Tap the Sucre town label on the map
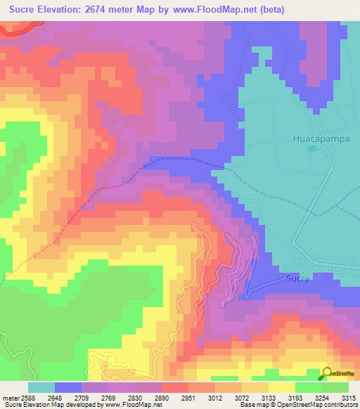click(298, 278)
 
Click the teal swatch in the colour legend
click(41, 387)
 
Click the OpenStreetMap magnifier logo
click(327, 373)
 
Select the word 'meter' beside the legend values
click(8, 398)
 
